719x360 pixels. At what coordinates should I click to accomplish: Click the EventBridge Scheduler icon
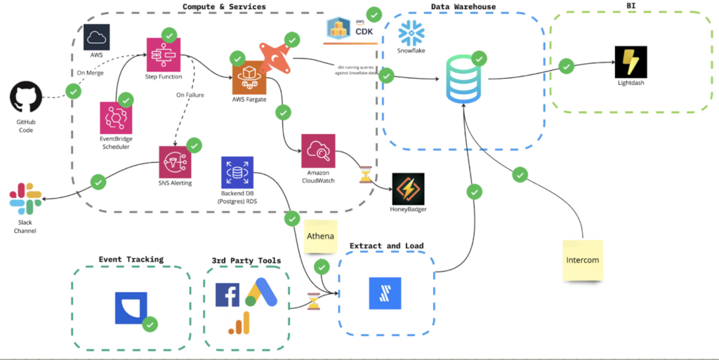[x=117, y=118]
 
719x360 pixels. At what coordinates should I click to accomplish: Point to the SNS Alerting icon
[x=175, y=162]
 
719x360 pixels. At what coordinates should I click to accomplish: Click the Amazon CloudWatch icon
[x=318, y=151]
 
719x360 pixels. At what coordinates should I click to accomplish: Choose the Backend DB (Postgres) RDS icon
[x=237, y=172]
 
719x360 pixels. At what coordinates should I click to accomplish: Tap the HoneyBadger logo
[x=408, y=189]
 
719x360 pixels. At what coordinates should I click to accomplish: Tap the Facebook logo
[x=227, y=295]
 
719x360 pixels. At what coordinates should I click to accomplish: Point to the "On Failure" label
[x=190, y=94]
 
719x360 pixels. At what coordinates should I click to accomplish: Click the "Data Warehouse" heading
[x=463, y=7]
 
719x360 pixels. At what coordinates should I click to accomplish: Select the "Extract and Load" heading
[x=386, y=246]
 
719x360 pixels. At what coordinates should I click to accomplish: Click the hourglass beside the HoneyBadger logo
[x=365, y=174]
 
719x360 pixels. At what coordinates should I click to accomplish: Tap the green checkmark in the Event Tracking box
[x=150, y=324]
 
